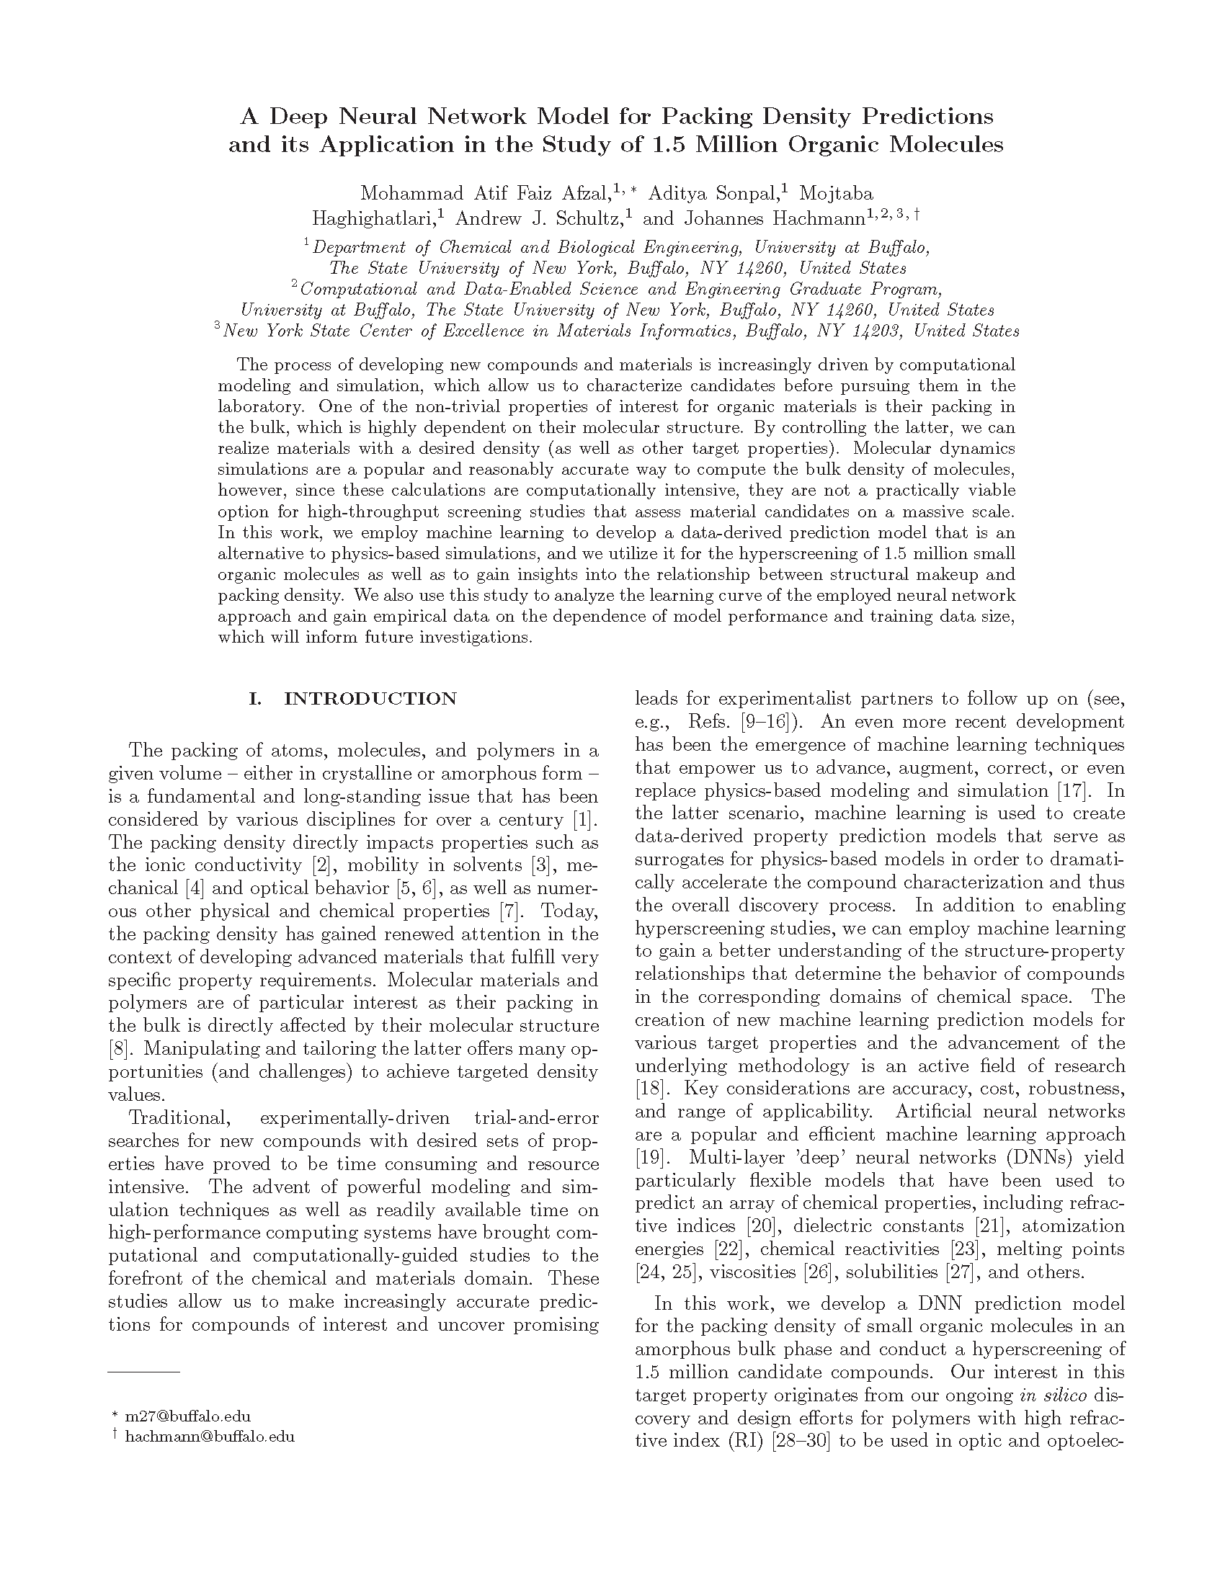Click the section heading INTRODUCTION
coord(370,699)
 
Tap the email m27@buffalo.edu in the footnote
coord(188,1416)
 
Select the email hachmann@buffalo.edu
coord(210,1436)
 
